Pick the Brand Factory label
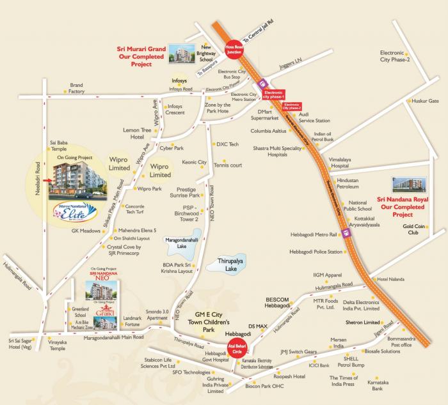77,88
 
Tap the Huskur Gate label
425,101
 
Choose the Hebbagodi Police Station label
316,252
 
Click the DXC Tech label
228,144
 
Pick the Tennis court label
228,165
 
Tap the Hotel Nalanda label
392,279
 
